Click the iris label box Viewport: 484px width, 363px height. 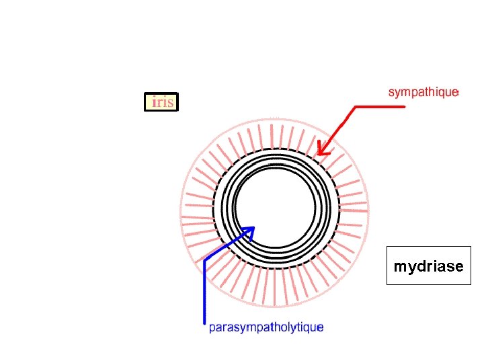pyautogui.click(x=161, y=102)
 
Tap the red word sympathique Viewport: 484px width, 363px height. pyautogui.click(x=424, y=92)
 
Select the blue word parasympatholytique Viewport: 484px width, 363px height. pyautogui.click(x=266, y=327)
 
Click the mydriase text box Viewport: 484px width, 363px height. pyautogui.click(x=428, y=266)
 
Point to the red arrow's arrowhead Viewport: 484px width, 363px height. pyautogui.click(x=321, y=151)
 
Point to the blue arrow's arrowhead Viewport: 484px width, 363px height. pyautogui.click(x=250, y=230)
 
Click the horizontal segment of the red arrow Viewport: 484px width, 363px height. pyautogui.click(x=379, y=106)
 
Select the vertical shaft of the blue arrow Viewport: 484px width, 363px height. pyautogui.click(x=204, y=289)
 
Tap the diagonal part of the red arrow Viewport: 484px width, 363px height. pyautogui.click(x=339, y=128)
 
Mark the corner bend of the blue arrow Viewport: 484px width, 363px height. pyautogui.click(x=204, y=259)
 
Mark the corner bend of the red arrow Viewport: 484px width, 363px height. pyautogui.click(x=355, y=107)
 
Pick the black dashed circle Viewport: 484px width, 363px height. pyautogui.click(x=339, y=208)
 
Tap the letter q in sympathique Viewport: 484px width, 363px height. pyautogui.click(x=439, y=93)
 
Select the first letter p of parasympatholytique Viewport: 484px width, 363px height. pyautogui.click(x=212, y=329)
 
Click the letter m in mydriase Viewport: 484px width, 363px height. pyautogui.click(x=399, y=266)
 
